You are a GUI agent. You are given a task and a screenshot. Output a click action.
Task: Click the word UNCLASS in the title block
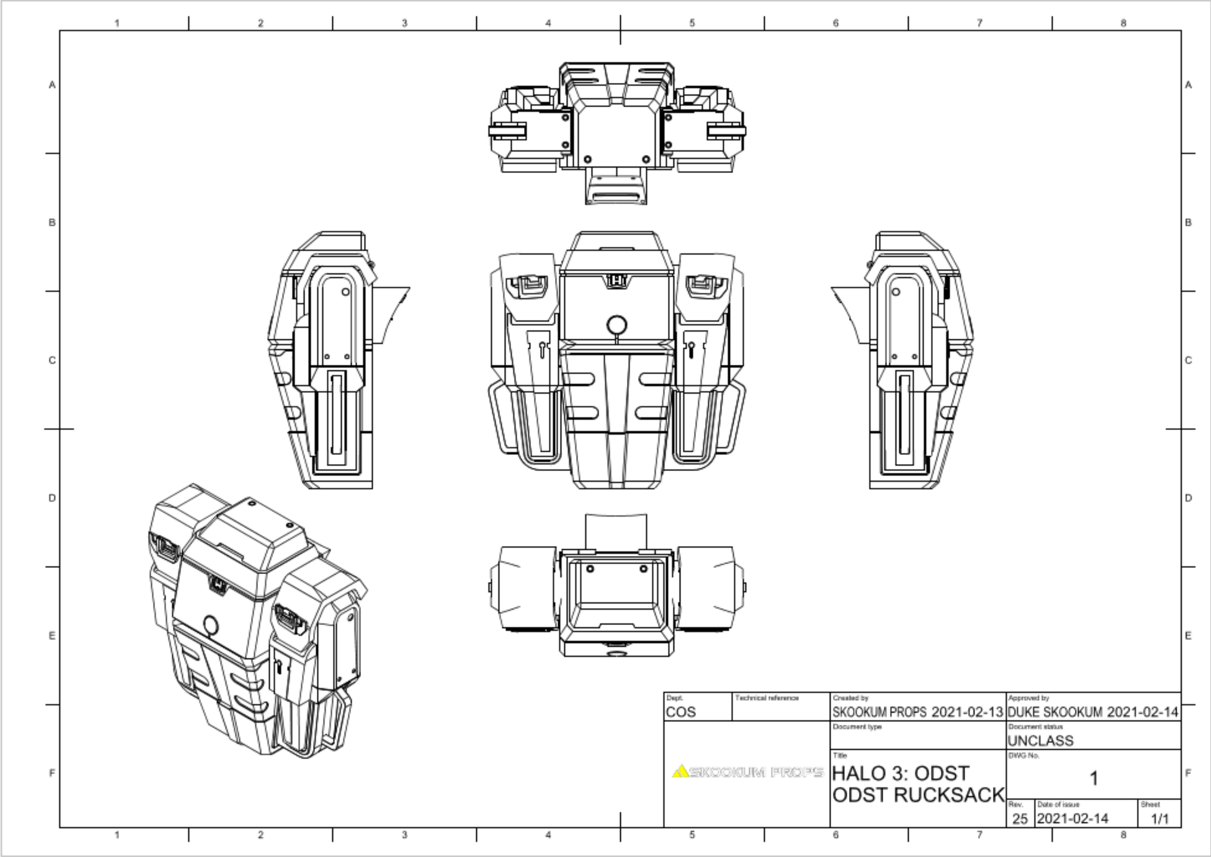(1040, 741)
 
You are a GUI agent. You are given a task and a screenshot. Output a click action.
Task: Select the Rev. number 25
(1019, 819)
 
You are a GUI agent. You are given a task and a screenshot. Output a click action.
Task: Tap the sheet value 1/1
(1159, 819)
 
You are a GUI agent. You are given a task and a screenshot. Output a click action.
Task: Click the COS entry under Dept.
(681, 712)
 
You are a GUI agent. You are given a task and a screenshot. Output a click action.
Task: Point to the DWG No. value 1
(1093, 778)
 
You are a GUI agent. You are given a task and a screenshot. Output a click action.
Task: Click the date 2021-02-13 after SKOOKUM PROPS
(967, 712)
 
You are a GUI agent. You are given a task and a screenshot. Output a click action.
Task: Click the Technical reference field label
(767, 698)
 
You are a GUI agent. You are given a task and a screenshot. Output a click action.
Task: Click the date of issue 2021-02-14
(1072, 819)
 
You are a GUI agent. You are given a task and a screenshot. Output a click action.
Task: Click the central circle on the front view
(617, 325)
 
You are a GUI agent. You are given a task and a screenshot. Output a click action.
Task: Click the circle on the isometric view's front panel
(210, 625)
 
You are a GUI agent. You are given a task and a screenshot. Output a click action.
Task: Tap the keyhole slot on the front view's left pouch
(542, 348)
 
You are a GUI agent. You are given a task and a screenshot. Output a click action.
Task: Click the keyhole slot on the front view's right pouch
(692, 348)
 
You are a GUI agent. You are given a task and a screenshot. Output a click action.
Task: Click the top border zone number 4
(548, 23)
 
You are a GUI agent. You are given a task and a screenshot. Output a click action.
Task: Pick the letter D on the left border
(52, 497)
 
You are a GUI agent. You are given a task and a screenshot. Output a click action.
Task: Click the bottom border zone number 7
(980, 835)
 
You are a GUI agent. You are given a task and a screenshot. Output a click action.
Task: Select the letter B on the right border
(1188, 222)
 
